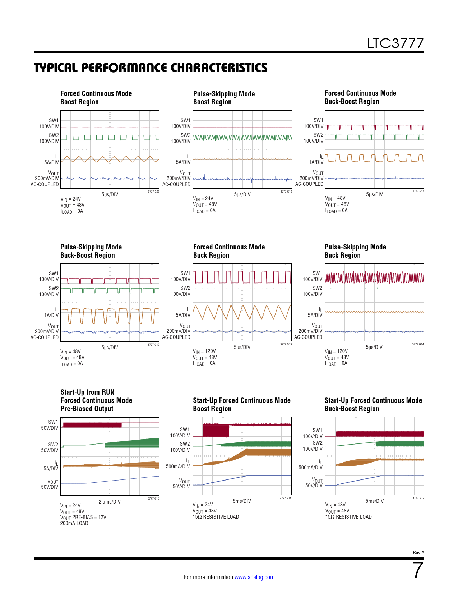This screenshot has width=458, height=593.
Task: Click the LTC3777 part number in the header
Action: (395, 43)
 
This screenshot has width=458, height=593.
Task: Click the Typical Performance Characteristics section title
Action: (151, 68)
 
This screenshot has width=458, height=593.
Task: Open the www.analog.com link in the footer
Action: (254, 577)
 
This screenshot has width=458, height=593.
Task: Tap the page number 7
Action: (418, 570)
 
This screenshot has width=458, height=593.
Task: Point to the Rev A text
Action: (418, 552)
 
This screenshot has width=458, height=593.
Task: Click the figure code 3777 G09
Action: (154, 192)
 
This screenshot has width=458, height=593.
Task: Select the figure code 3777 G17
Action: (418, 498)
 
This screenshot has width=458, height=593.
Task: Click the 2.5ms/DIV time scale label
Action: (110, 501)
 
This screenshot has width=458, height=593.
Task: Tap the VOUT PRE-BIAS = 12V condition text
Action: (83, 518)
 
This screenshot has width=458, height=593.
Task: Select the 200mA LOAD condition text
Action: (74, 523)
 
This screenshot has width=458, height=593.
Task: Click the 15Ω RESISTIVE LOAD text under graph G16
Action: (216, 517)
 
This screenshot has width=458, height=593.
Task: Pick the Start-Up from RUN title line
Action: (87, 392)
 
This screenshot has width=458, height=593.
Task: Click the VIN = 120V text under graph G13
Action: (204, 351)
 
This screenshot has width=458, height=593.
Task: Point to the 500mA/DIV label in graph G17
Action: (311, 468)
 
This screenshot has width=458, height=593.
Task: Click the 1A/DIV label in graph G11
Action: (316, 162)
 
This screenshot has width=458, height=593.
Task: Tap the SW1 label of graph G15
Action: (53, 422)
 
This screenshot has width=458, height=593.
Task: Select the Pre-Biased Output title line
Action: (87, 409)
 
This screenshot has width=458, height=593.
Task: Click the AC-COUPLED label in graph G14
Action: (308, 337)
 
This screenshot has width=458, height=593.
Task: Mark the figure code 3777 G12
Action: (154, 345)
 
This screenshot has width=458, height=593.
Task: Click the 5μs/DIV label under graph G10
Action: (242, 194)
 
